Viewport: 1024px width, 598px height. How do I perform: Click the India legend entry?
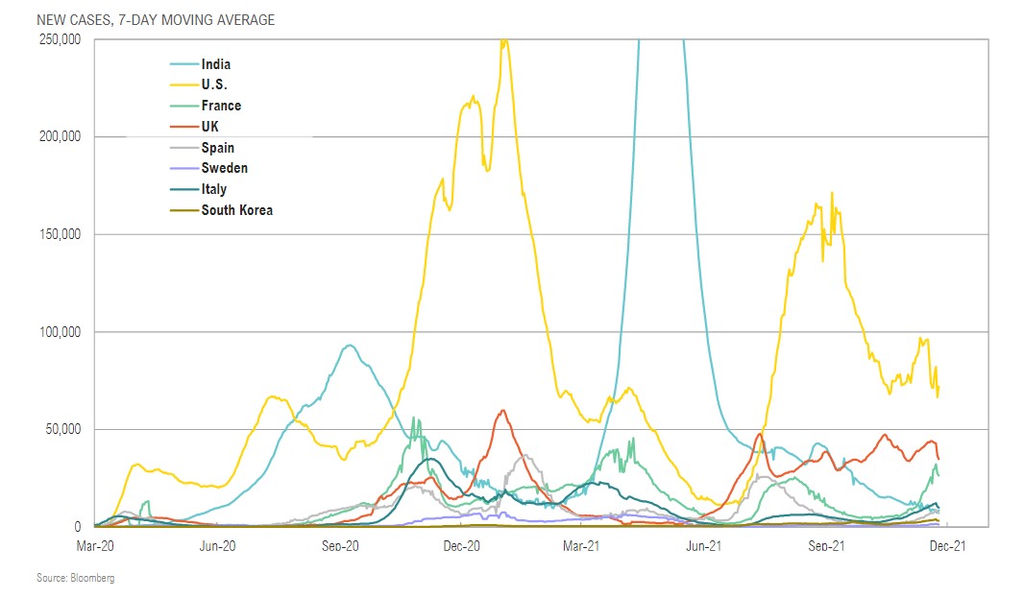215,64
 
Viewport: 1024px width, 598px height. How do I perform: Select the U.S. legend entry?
214,85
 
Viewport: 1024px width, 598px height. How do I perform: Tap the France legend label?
221,106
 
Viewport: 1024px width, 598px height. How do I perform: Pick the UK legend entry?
210,127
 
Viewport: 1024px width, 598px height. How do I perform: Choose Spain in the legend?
217,148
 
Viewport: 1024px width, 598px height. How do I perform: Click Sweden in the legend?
224,168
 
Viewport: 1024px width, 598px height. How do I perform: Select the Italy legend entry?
213,189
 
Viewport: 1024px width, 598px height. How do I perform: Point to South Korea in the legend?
236,209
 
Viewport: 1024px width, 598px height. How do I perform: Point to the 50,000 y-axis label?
62,429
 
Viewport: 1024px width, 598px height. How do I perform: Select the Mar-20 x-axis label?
95,545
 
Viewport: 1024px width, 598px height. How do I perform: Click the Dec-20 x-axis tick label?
461,545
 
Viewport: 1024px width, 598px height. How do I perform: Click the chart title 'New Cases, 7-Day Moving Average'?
156,20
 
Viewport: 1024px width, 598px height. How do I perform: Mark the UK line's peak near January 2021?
503,411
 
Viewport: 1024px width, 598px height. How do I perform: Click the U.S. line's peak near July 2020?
272,395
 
